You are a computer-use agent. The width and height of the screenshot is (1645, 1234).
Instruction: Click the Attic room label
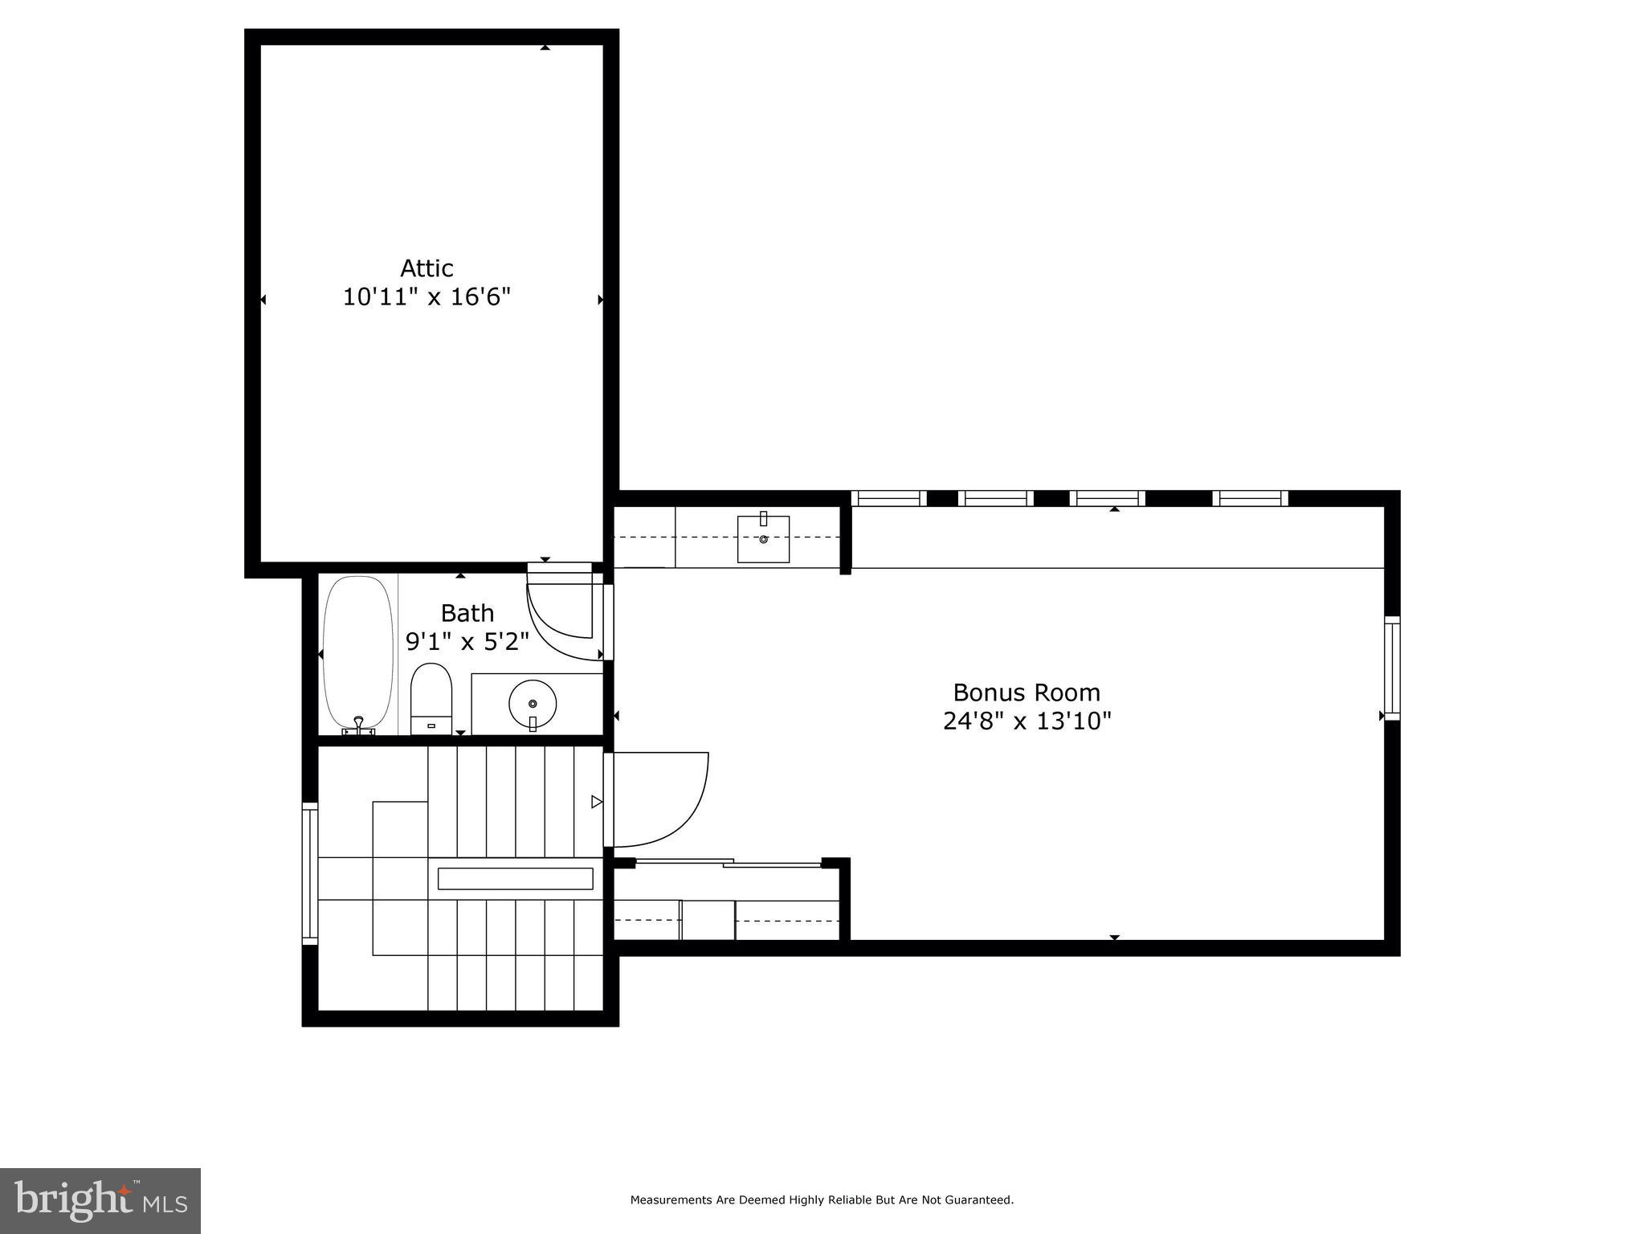(427, 268)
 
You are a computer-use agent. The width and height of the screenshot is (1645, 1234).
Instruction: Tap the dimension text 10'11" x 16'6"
(427, 297)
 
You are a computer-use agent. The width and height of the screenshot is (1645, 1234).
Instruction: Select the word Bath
(467, 613)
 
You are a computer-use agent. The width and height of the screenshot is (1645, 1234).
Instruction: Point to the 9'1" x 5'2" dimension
(467, 642)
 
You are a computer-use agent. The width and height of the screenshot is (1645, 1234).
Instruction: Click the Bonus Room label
(1026, 692)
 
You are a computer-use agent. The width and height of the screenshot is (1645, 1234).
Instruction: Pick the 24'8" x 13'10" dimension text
(1026, 721)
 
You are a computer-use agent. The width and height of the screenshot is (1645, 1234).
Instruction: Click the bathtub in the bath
(358, 652)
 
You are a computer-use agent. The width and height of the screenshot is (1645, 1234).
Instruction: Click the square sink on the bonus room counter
(763, 539)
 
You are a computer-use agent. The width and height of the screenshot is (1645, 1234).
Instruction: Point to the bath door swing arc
(562, 623)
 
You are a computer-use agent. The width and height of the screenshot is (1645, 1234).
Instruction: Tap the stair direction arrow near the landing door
(596, 801)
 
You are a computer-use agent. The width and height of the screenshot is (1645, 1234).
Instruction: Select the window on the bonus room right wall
(1392, 668)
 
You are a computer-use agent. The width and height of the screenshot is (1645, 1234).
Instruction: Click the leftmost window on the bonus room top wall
(888, 498)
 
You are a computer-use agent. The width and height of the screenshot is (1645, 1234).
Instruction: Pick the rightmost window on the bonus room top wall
(1250, 498)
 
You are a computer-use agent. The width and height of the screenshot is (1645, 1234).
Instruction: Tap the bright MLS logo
(100, 1200)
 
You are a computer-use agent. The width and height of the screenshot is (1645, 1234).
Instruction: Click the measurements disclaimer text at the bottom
(822, 1200)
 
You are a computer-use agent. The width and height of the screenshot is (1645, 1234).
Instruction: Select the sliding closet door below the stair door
(727, 864)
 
